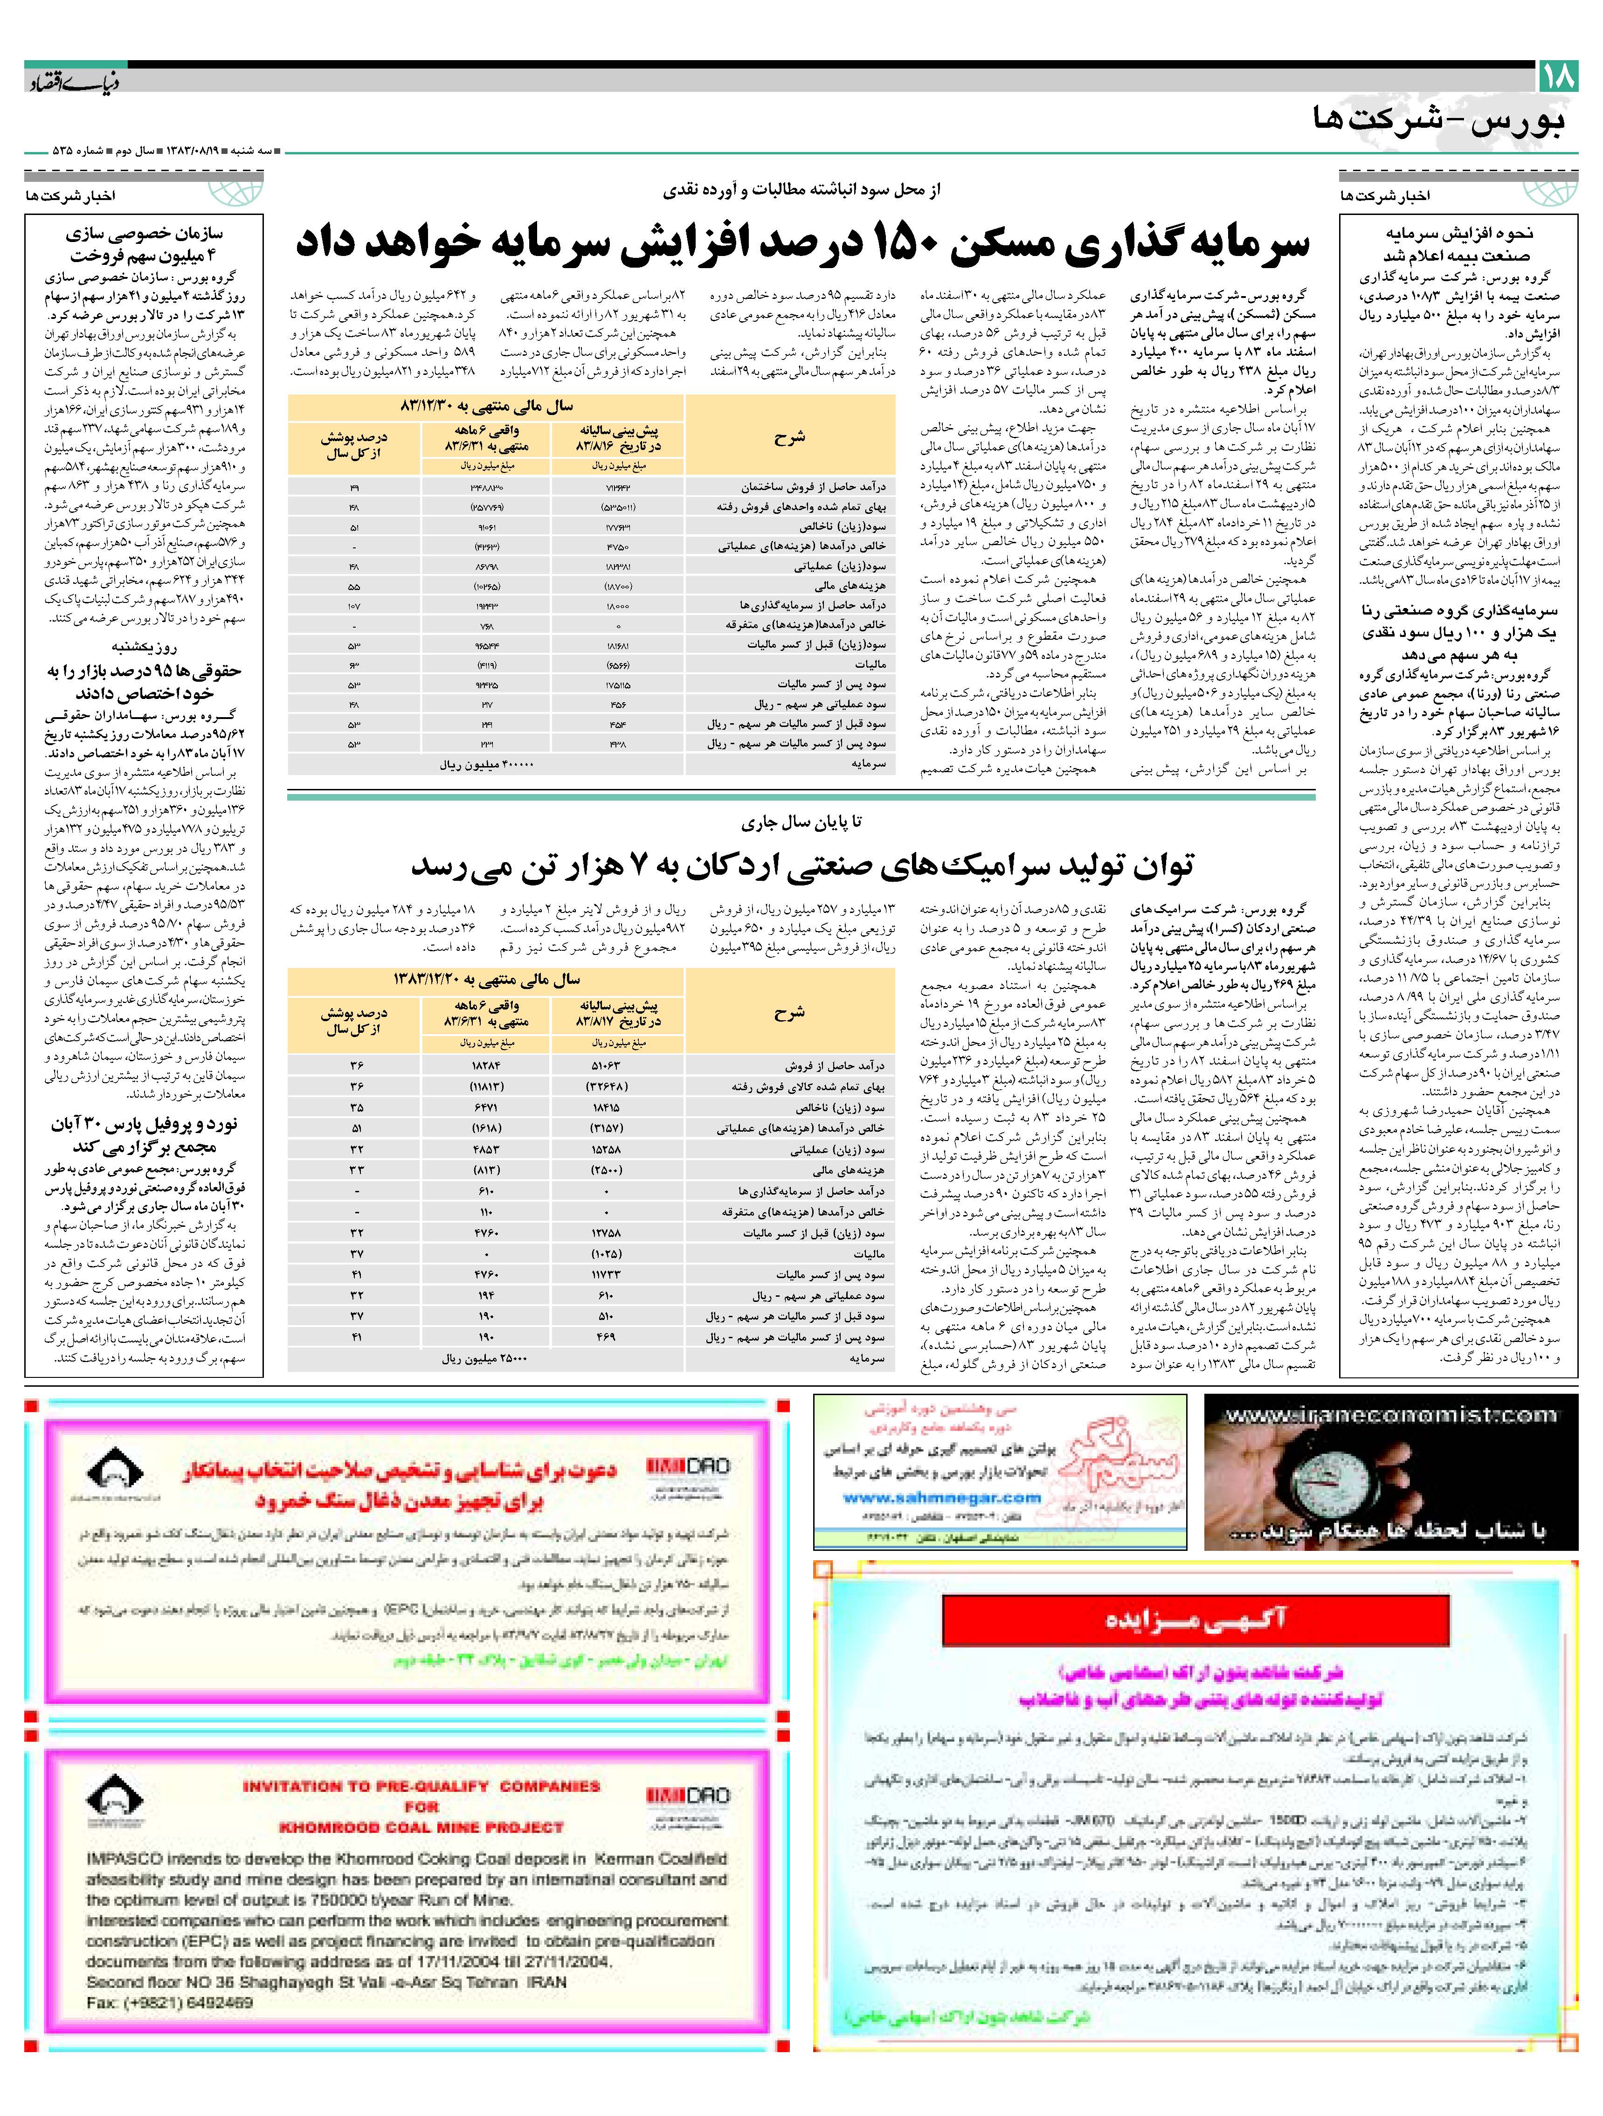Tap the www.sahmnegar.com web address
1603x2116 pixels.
click(x=942, y=1497)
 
